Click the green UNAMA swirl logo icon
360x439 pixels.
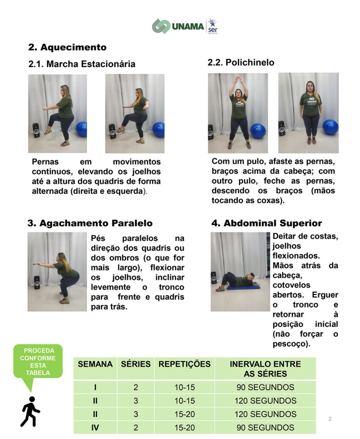161,26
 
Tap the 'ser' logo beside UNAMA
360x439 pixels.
213,27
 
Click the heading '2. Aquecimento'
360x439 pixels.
67,47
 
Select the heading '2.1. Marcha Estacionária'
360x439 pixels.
82,64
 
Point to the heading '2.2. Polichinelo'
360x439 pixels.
241,62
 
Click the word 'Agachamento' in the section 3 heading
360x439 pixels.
74,223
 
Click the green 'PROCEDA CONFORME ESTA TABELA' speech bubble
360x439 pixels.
38,361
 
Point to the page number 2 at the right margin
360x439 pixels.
330,419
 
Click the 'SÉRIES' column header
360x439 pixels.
136,364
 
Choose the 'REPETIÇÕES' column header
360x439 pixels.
184,364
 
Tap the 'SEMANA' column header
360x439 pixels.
95,364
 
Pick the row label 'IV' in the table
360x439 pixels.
95,427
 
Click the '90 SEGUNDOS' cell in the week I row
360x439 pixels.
265,387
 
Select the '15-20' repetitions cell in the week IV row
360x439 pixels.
184,427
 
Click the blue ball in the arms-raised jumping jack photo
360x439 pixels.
258,131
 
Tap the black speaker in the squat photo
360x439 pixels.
37,283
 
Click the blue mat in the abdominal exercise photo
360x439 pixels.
243,286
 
